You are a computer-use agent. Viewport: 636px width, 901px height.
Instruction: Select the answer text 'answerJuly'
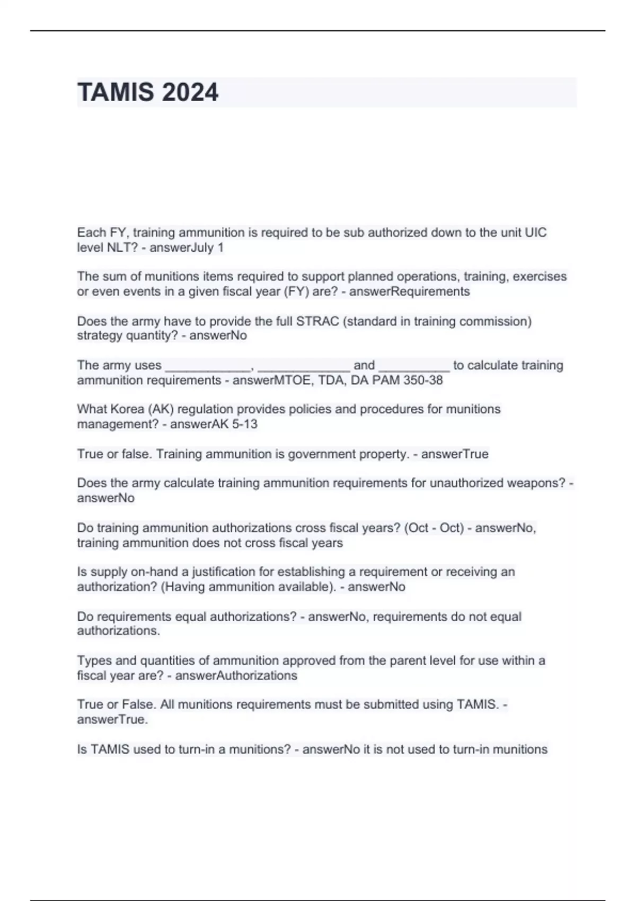click(181, 248)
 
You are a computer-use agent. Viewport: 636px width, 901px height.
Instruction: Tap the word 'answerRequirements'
click(409, 291)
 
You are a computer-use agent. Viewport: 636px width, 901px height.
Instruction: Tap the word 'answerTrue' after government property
click(455, 454)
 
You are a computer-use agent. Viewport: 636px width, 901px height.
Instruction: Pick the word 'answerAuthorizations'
click(236, 676)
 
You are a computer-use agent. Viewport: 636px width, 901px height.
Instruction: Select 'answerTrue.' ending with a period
click(112, 719)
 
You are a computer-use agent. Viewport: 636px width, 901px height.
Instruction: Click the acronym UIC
click(535, 233)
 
